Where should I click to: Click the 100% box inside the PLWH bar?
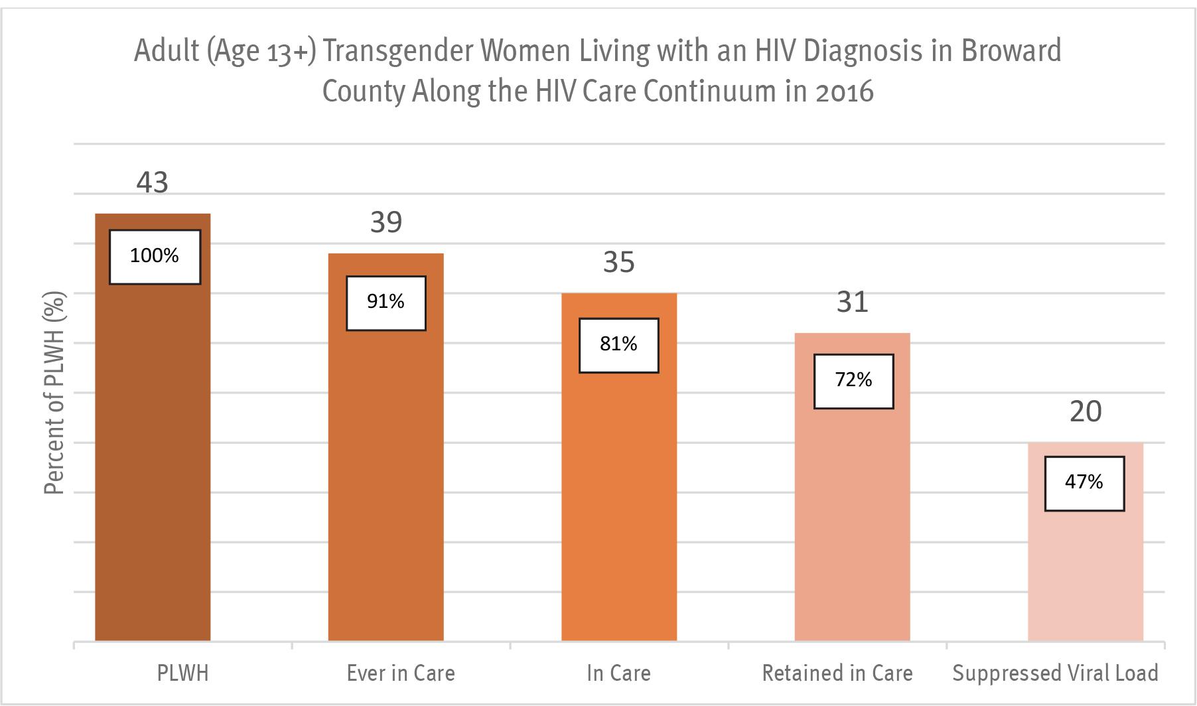tap(155, 257)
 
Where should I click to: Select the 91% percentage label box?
tap(386, 303)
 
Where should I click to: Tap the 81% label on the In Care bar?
tap(618, 345)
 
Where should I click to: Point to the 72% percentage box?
tap(853, 381)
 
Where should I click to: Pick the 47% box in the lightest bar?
tap(1084, 483)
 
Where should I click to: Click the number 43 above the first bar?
tap(153, 182)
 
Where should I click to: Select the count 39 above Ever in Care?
tap(386, 222)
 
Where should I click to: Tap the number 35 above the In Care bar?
tap(618, 263)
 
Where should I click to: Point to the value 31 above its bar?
tap(852, 303)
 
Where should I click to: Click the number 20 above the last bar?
tap(1086, 412)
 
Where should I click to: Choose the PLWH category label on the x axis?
tap(182, 673)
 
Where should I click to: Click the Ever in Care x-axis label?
tap(401, 673)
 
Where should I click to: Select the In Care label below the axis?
tap(618, 673)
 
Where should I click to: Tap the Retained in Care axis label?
tap(837, 673)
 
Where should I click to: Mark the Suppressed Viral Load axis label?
tap(1055, 673)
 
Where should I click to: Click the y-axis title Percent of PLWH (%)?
tap(55, 393)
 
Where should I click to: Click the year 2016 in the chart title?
tap(844, 92)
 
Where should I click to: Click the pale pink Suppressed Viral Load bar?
tap(1086, 571)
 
